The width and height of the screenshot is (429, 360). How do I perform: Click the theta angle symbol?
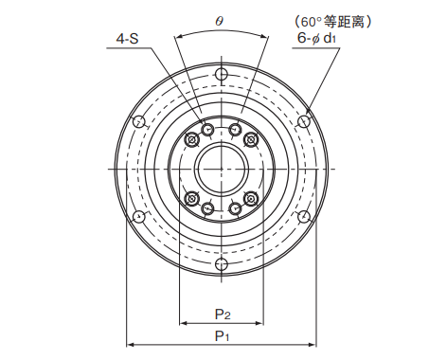tap(220, 21)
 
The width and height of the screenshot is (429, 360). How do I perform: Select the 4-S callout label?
tap(128, 39)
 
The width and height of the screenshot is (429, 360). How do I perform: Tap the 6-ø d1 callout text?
tap(316, 39)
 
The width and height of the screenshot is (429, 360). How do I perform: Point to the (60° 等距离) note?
tap(333, 22)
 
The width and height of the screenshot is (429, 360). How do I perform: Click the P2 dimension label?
tap(223, 315)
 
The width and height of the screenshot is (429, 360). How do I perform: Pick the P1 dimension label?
tap(222, 335)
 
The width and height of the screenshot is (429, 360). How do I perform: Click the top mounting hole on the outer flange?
tap(222, 75)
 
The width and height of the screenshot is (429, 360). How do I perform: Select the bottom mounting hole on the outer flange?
tap(222, 264)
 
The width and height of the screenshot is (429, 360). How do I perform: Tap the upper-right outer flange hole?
tap(304, 121)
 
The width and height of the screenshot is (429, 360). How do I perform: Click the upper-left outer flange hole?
tap(139, 121)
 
